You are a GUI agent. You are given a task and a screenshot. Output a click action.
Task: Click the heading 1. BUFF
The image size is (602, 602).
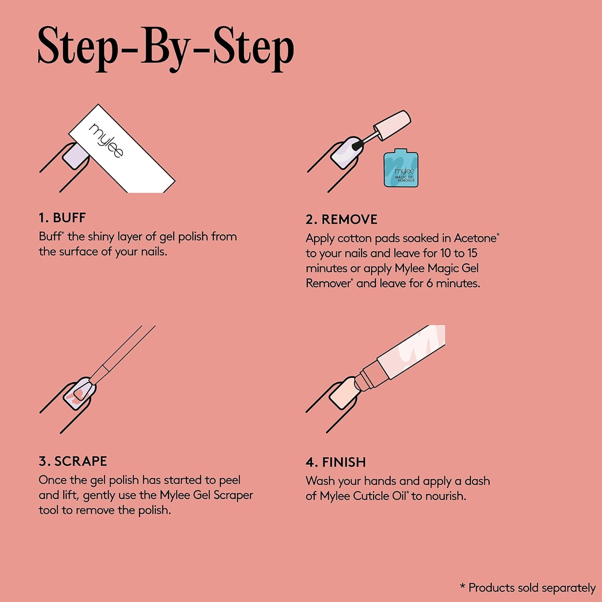click(x=62, y=218)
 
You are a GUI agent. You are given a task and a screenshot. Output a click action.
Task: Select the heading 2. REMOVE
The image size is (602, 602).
click(x=342, y=220)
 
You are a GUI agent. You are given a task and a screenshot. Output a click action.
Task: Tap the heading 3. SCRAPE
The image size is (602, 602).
click(x=73, y=461)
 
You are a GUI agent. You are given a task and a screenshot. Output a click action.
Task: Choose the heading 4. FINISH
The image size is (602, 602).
click(x=336, y=462)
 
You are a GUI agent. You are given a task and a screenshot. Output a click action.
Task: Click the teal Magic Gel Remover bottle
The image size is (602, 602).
click(x=401, y=168)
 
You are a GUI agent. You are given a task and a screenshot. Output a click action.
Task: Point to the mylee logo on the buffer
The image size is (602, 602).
click(x=106, y=140)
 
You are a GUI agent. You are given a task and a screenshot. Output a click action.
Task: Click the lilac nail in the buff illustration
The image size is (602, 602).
click(x=75, y=157)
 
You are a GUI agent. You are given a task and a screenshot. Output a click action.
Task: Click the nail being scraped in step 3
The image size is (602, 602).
click(x=80, y=393)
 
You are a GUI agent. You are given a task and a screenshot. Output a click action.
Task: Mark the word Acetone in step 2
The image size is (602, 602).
click(x=475, y=238)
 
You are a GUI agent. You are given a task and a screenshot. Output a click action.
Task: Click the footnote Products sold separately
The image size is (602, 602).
click(x=528, y=588)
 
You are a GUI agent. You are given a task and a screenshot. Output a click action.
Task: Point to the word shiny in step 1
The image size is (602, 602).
click(x=101, y=237)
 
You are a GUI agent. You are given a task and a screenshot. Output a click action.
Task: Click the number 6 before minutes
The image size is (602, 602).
click(x=429, y=283)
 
